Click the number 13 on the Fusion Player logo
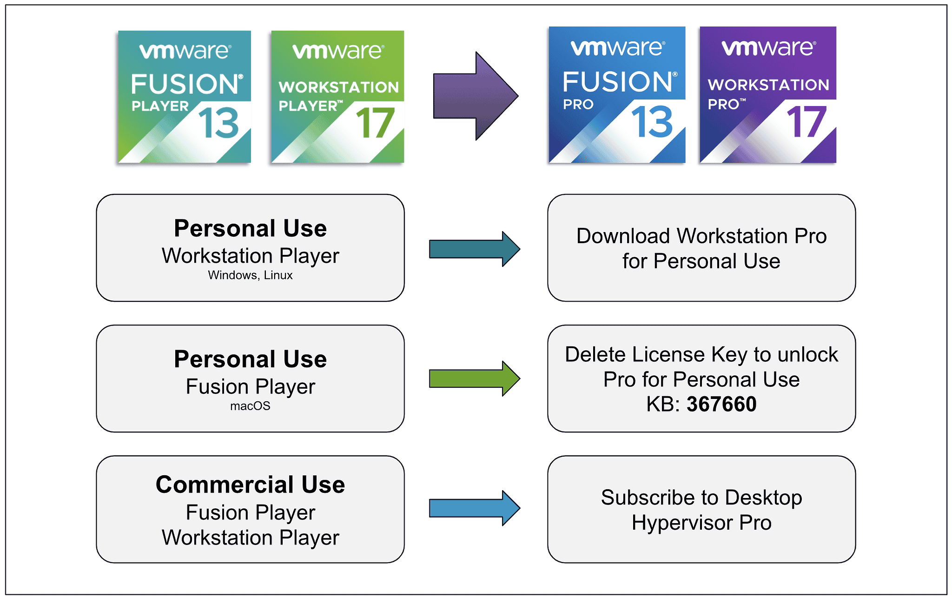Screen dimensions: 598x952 [218, 123]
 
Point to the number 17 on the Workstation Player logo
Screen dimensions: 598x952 [375, 123]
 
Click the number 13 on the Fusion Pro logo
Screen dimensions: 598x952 [652, 122]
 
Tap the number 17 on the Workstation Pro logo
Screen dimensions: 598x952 [806, 122]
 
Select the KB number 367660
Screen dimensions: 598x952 [721, 404]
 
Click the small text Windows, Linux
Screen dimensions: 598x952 [250, 275]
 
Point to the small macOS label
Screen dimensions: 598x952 [250, 406]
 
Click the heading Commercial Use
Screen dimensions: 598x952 [250, 485]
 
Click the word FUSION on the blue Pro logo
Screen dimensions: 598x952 [617, 82]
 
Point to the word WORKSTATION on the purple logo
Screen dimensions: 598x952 [768, 85]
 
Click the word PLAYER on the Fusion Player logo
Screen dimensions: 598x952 [160, 106]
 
